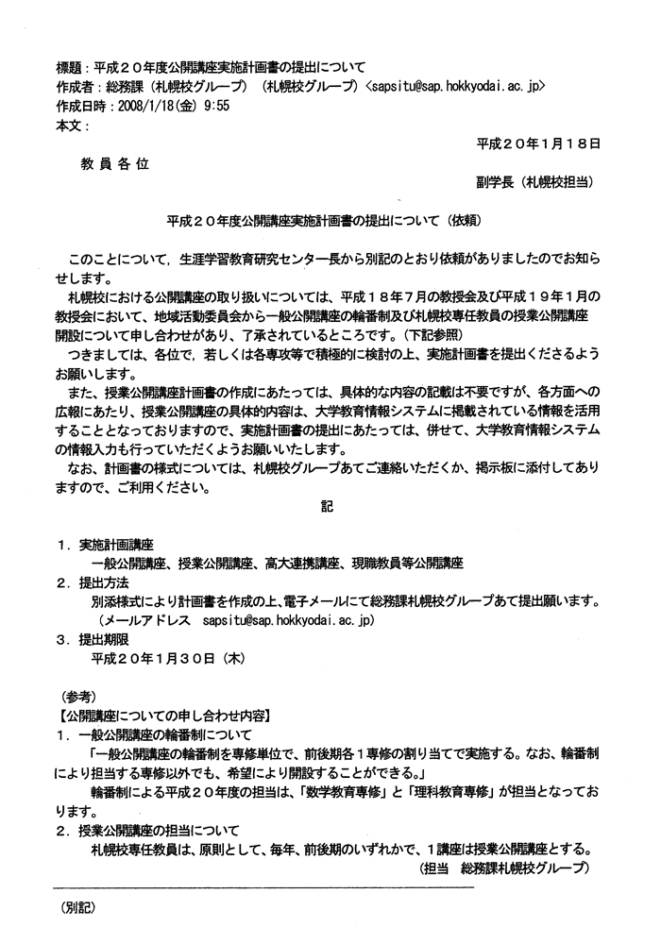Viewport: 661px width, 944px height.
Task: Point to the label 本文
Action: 71,124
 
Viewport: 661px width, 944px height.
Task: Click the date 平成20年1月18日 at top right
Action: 538,143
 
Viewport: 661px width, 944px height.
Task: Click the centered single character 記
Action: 328,507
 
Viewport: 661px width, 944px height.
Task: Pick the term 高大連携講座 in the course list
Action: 298,564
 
